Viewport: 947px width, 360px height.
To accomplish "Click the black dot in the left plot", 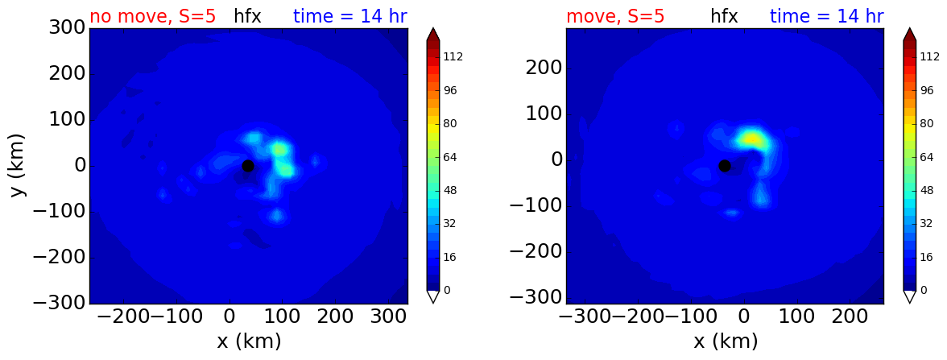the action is point(248,166).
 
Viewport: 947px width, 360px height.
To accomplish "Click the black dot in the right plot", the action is point(725,166).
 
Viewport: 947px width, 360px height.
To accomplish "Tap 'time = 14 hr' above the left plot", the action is point(350,16).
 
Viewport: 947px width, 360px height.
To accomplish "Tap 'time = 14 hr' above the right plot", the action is point(827,16).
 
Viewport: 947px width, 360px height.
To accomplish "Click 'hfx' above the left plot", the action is point(248,16).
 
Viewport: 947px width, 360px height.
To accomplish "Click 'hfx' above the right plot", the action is point(724,16).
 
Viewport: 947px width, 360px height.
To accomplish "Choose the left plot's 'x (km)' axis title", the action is point(249,341).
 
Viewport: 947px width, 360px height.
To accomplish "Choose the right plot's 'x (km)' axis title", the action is point(726,341).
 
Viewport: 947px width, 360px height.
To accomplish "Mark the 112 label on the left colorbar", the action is point(453,56).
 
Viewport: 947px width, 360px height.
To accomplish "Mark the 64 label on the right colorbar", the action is point(927,157).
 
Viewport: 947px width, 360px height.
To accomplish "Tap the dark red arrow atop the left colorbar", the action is point(433,35).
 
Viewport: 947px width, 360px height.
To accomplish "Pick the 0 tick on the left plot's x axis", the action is point(230,317).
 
